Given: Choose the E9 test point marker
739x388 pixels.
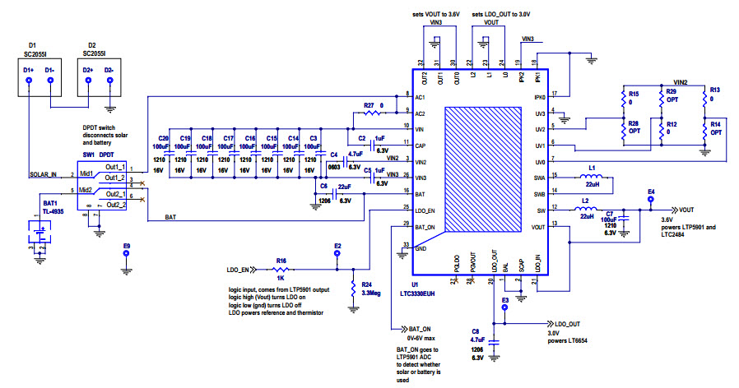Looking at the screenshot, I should pyautogui.click(x=126, y=254).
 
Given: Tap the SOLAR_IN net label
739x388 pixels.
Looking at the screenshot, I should pyautogui.click(x=44, y=174).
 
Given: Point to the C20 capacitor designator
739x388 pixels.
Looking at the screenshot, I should pyautogui.click(x=163, y=138).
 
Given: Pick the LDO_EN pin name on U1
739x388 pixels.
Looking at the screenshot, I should pyautogui.click(x=426, y=211).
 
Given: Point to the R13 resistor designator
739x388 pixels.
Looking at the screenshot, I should pyautogui.click(x=714, y=90).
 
